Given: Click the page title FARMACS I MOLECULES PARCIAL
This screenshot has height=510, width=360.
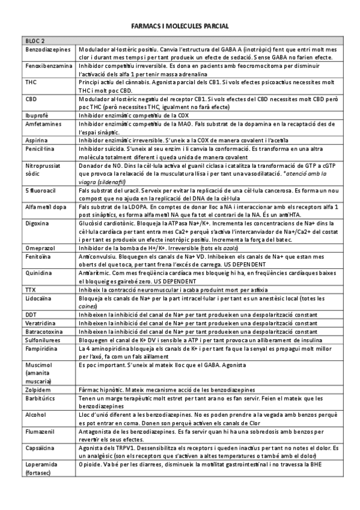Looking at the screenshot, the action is pyautogui.click(x=180, y=27).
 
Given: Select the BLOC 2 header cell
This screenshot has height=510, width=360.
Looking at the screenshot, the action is pyautogui.click(x=35, y=40).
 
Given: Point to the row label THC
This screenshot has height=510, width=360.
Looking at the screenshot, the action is pyautogui.click(x=31, y=82).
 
